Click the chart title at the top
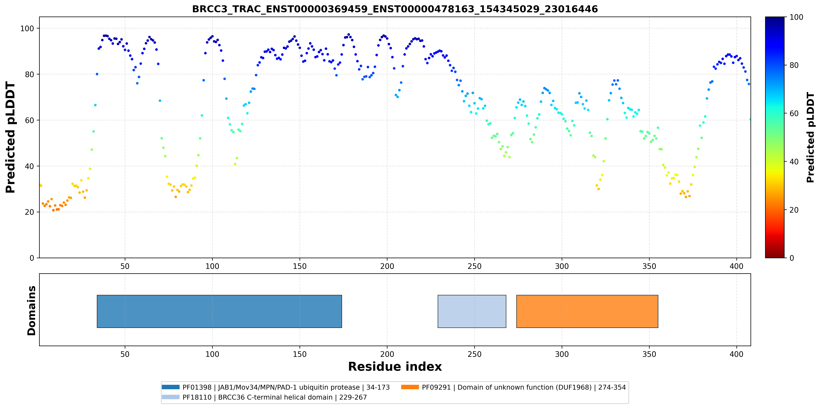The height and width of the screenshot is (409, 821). (x=395, y=9)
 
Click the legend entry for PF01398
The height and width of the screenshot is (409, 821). (x=276, y=387)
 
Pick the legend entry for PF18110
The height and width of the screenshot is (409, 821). (x=264, y=397)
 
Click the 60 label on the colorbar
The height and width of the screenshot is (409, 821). (x=794, y=113)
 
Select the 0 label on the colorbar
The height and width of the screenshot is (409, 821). (x=792, y=258)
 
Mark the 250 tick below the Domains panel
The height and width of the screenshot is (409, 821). (x=474, y=354)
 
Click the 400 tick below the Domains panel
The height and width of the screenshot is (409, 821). (x=736, y=354)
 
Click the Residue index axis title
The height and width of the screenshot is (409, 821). (x=395, y=367)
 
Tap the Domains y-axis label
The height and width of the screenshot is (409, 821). (x=32, y=311)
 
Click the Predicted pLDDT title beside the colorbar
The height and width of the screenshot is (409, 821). (x=810, y=137)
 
